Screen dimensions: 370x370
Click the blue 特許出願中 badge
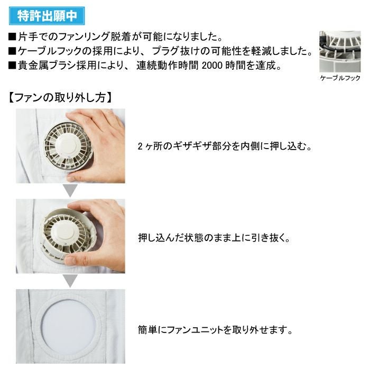47,16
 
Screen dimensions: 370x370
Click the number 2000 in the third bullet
212,65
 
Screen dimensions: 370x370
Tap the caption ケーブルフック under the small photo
340,78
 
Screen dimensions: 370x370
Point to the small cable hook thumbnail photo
340,51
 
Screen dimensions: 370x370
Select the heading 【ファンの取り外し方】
60,97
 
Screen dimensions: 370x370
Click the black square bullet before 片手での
12,37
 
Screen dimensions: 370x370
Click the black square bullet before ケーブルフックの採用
12,51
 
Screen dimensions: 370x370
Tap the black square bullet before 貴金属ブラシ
12,66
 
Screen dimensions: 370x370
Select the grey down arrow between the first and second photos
70,190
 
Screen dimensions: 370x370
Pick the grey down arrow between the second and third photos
70,281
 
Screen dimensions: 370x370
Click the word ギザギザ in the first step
192,146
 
